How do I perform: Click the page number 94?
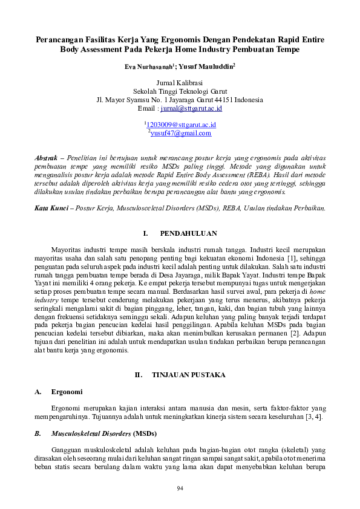tap(180, 488)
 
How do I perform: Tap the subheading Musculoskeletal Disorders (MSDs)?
tap(88, 433)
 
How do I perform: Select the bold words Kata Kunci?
tap(50, 208)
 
